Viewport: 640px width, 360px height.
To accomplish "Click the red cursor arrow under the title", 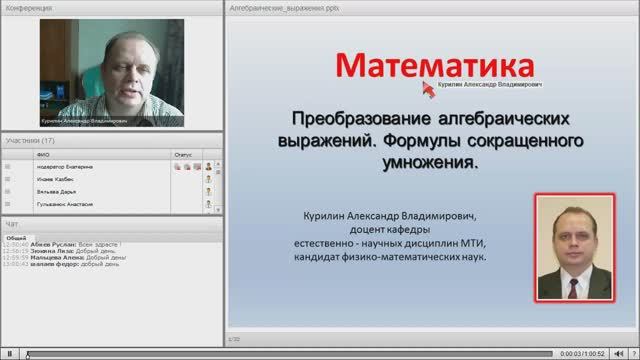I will click(x=429, y=91).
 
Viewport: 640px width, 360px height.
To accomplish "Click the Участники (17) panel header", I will click(x=30, y=141).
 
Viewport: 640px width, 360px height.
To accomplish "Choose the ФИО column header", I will click(x=41, y=155).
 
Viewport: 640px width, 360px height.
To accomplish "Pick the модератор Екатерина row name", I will click(x=64, y=167).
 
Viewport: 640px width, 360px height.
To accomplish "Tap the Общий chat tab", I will click(x=16, y=239).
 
